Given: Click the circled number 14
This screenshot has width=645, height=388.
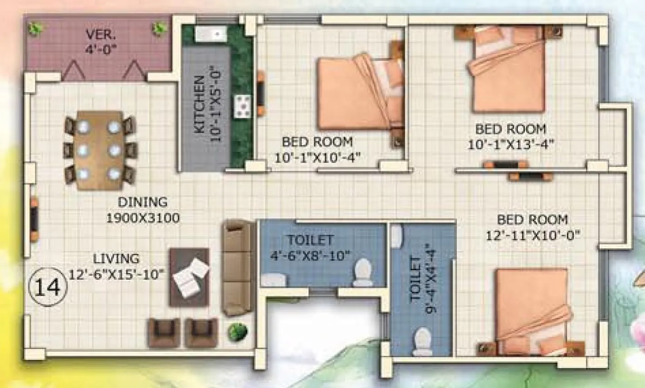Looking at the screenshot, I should click(x=48, y=287).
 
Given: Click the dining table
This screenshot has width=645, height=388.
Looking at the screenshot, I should click(x=99, y=150).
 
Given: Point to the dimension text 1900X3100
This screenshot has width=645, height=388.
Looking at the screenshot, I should click(x=142, y=218).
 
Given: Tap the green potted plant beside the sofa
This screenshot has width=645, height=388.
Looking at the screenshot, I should click(x=238, y=333).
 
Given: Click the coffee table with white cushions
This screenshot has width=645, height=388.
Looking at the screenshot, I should click(x=189, y=276).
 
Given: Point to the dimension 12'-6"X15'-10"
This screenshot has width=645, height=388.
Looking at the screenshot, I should click(x=116, y=275).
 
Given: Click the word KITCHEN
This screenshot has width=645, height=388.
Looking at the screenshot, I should click(x=199, y=105).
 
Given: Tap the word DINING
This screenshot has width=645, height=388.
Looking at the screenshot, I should click(x=142, y=202).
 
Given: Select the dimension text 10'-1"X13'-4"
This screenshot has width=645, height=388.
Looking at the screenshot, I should click(x=511, y=145).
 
